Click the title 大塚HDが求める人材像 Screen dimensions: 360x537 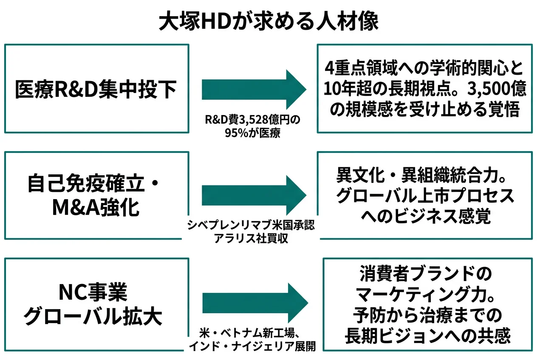point(268,22)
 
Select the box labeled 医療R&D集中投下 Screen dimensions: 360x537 point(96,89)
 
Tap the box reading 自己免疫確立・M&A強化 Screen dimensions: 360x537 point(96,196)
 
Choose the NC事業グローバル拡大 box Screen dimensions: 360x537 point(96,304)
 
